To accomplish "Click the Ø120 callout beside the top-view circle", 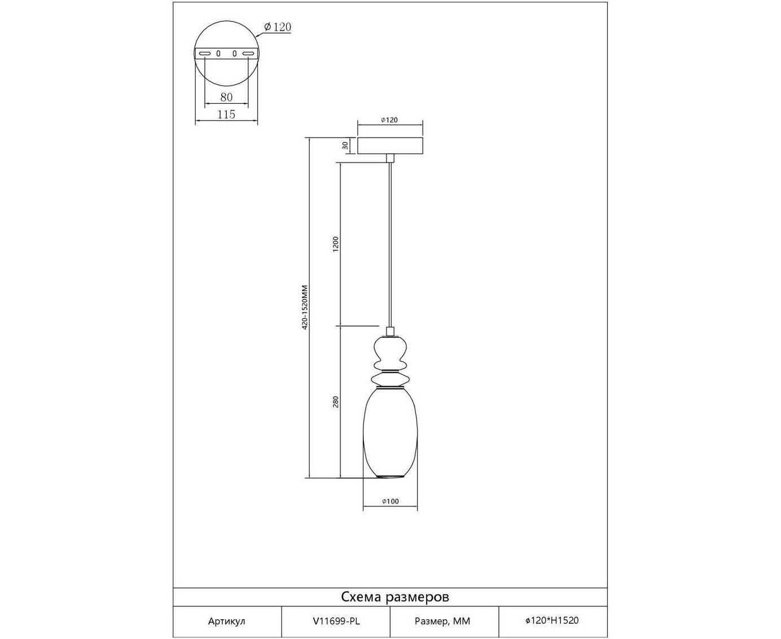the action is click(x=278, y=27).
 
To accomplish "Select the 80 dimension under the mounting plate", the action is click(x=226, y=97).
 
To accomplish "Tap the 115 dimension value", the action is click(x=226, y=115).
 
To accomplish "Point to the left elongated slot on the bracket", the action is click(x=204, y=54).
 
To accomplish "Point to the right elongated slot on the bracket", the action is click(x=248, y=54).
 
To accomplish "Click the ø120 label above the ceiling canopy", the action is click(x=389, y=120).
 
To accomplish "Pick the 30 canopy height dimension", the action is click(x=345, y=146).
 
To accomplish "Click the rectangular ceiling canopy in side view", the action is click(x=390, y=146).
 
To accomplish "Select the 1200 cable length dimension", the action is click(x=336, y=244).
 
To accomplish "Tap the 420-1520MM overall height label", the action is click(x=305, y=307).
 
